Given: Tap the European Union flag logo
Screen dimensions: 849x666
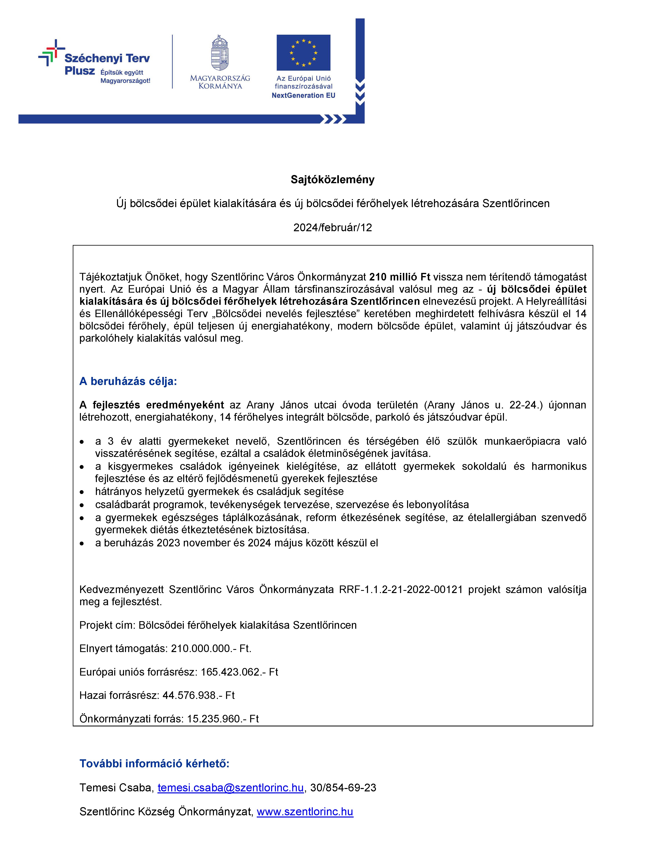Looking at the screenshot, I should click(x=303, y=53).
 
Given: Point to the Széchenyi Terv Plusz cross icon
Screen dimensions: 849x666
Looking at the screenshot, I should click(x=51, y=53).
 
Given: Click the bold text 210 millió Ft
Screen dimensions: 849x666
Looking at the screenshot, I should click(x=400, y=277).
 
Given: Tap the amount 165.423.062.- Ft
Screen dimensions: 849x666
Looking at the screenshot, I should click(x=239, y=672).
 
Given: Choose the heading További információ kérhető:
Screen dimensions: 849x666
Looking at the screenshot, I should click(x=154, y=763).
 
